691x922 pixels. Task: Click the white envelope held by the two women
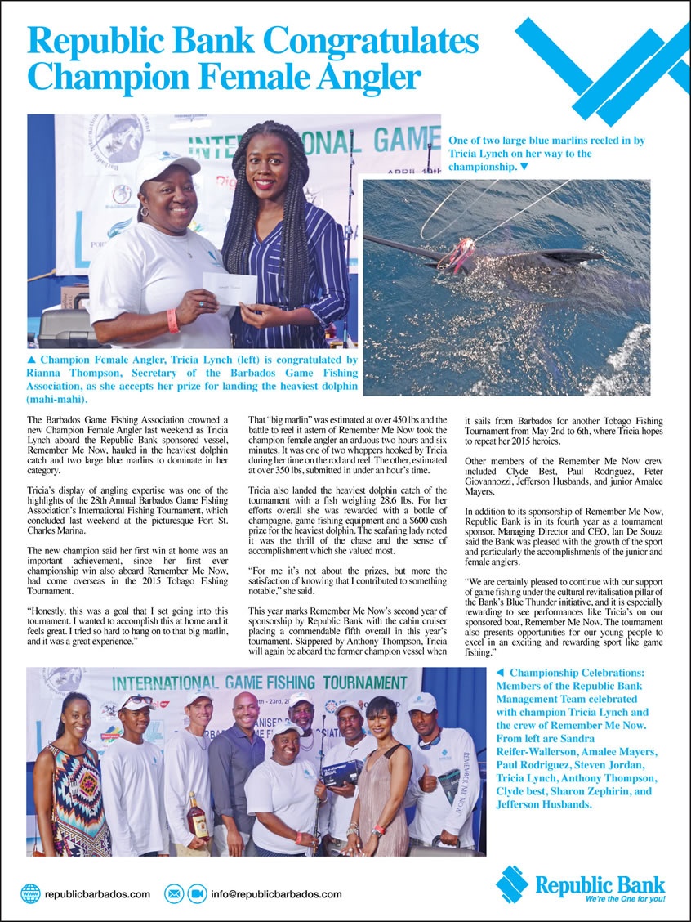230,289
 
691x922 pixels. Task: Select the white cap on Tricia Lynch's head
167,164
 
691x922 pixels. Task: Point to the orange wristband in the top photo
173,320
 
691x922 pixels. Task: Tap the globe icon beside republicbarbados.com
30,893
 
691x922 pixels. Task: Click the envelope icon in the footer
174,893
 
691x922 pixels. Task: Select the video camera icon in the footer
197,893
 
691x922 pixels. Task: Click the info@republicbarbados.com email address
276,894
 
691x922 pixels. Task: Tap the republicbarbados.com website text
97,894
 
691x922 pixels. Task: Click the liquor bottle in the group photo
198,815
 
